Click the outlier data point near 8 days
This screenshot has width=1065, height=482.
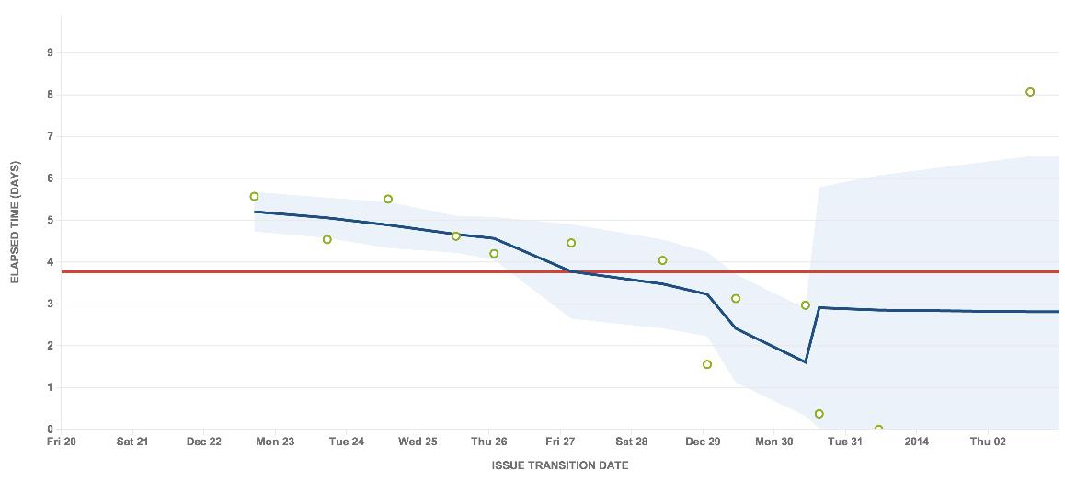pos(1030,92)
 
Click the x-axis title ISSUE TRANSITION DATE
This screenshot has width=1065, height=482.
pos(560,465)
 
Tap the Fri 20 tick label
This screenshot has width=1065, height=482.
pos(62,442)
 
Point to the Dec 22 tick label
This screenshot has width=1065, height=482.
pos(203,442)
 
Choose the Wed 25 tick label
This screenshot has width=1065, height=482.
pos(418,442)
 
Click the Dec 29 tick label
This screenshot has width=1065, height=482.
pos(703,442)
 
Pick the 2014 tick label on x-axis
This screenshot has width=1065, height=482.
pos(916,442)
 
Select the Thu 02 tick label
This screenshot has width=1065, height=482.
pos(987,442)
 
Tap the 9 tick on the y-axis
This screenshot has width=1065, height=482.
pos(50,53)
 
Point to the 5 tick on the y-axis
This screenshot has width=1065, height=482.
pos(50,221)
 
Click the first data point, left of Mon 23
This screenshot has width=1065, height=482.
pos(255,197)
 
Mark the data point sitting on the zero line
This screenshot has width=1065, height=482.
pos(878,429)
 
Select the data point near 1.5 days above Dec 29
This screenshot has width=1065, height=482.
pos(707,364)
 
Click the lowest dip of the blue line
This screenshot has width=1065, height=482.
pos(805,361)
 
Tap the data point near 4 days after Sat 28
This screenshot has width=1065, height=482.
pos(662,260)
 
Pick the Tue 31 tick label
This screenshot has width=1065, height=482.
pos(845,442)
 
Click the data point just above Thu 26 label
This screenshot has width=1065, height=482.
pos(494,254)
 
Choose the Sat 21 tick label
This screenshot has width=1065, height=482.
pos(132,442)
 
